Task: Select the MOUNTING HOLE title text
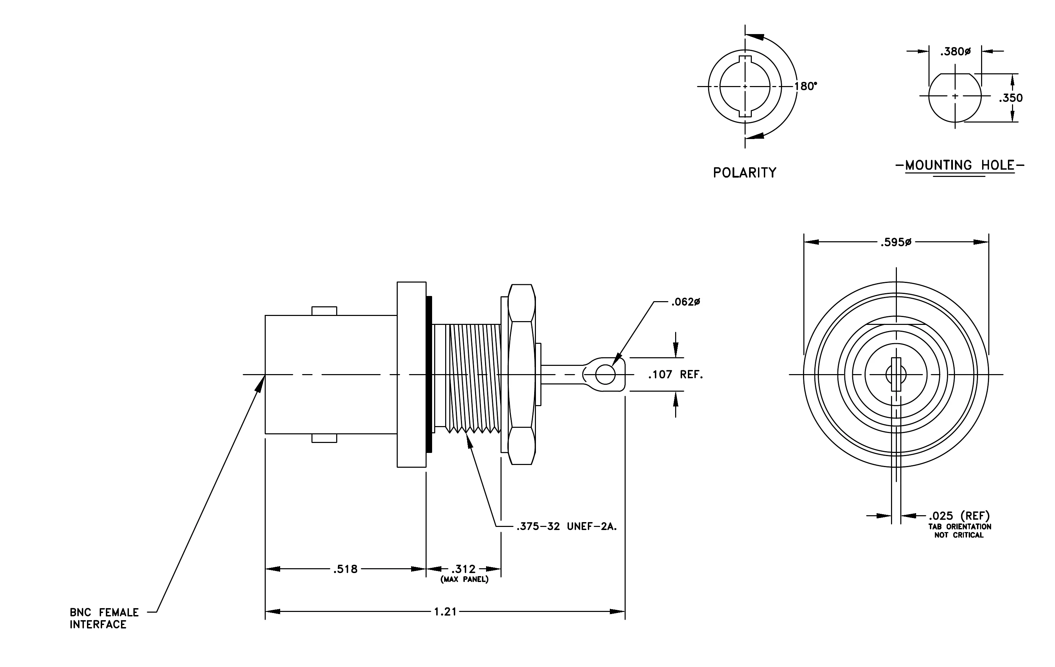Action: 960,165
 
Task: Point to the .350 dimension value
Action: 1011,98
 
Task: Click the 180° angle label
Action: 806,86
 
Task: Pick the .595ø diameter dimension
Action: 895,242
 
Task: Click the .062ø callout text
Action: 686,302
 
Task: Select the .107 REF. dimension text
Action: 675,374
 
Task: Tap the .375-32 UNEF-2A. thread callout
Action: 567,526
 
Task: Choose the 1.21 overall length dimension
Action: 445,611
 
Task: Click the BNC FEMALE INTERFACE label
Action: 104,618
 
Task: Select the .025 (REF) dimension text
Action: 959,516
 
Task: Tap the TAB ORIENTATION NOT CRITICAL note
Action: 959,531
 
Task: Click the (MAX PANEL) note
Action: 464,580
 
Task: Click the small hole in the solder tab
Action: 605,374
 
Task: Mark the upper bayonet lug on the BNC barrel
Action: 324,311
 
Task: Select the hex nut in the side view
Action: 521,374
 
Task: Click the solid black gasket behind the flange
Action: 429,374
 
